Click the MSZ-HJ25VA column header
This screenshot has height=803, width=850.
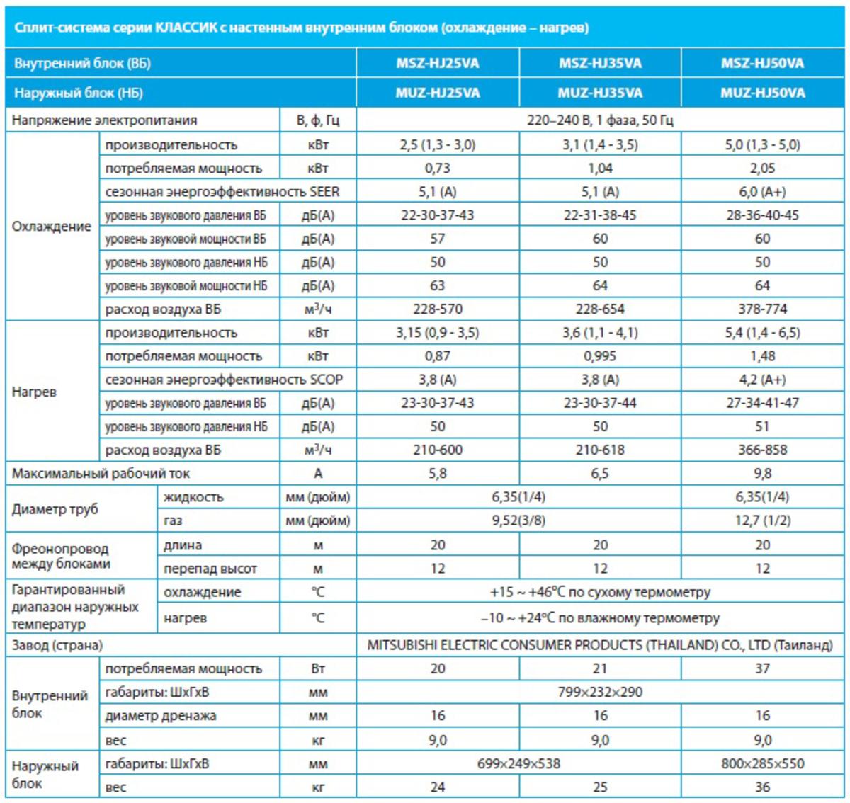tap(437, 63)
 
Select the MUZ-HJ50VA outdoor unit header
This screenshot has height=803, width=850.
tap(762, 93)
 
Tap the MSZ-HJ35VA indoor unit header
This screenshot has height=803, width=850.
tap(600, 63)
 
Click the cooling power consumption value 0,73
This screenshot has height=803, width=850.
tap(437, 169)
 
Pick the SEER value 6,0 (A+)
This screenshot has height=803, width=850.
tap(762, 192)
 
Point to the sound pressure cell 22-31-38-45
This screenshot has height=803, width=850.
tap(600, 215)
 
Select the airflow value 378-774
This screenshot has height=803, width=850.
tap(762, 309)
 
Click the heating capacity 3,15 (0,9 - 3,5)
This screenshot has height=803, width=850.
tap(437, 333)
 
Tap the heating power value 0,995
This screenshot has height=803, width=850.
tap(600, 356)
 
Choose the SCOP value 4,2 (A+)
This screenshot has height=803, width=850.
tap(762, 380)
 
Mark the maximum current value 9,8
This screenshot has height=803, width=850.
tap(762, 473)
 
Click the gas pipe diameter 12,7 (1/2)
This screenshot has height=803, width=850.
tap(762, 520)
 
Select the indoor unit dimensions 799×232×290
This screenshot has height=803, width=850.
tap(600, 692)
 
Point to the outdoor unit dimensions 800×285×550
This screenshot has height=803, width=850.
tap(762, 763)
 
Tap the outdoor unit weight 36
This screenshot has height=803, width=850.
tap(762, 787)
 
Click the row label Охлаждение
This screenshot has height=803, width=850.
tap(52, 227)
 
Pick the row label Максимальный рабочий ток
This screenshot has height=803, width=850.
tap(101, 473)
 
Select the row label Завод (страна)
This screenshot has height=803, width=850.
tap(57, 645)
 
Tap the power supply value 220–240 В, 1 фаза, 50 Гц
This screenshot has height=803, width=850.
tap(600, 120)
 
